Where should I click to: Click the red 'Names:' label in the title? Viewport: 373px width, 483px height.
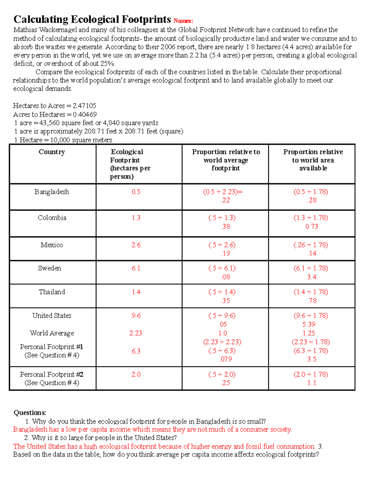click(x=183, y=21)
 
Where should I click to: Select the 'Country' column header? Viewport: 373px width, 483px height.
click(x=52, y=152)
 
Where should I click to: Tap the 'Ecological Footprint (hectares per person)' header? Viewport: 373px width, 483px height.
click(x=130, y=164)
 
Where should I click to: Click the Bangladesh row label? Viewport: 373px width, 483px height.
click(x=52, y=192)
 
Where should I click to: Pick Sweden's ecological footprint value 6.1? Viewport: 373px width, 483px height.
click(x=136, y=268)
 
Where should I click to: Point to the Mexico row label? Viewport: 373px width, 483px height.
click(x=52, y=245)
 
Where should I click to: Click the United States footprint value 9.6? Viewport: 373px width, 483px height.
click(x=136, y=315)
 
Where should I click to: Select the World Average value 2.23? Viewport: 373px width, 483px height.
click(x=136, y=333)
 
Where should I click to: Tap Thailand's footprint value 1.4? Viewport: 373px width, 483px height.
click(x=136, y=292)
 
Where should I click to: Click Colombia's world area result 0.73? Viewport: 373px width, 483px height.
click(x=311, y=226)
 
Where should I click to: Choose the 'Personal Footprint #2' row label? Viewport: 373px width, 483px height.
click(x=52, y=374)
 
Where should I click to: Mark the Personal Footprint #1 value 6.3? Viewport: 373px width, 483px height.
click(x=136, y=351)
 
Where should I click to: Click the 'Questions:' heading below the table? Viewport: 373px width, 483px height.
click(x=30, y=413)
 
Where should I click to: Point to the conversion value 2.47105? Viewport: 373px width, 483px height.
click(x=84, y=106)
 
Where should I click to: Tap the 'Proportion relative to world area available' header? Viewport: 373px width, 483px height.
click(x=313, y=160)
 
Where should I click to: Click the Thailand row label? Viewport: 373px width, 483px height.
click(x=52, y=292)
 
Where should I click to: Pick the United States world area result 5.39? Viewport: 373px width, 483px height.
click(x=309, y=324)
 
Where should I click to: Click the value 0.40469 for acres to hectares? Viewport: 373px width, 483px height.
click(x=85, y=114)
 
